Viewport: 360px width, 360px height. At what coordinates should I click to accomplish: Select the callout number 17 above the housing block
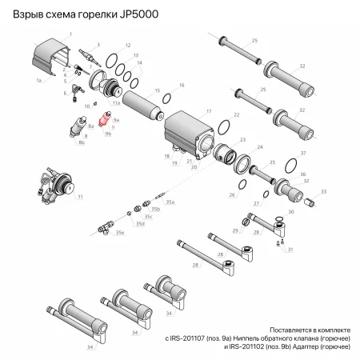pos(209,111)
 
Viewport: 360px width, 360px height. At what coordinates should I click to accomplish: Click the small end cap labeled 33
pos(308,193)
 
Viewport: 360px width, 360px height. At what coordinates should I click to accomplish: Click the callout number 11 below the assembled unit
pos(80,197)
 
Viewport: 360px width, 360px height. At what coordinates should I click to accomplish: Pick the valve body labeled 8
pos(79,126)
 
